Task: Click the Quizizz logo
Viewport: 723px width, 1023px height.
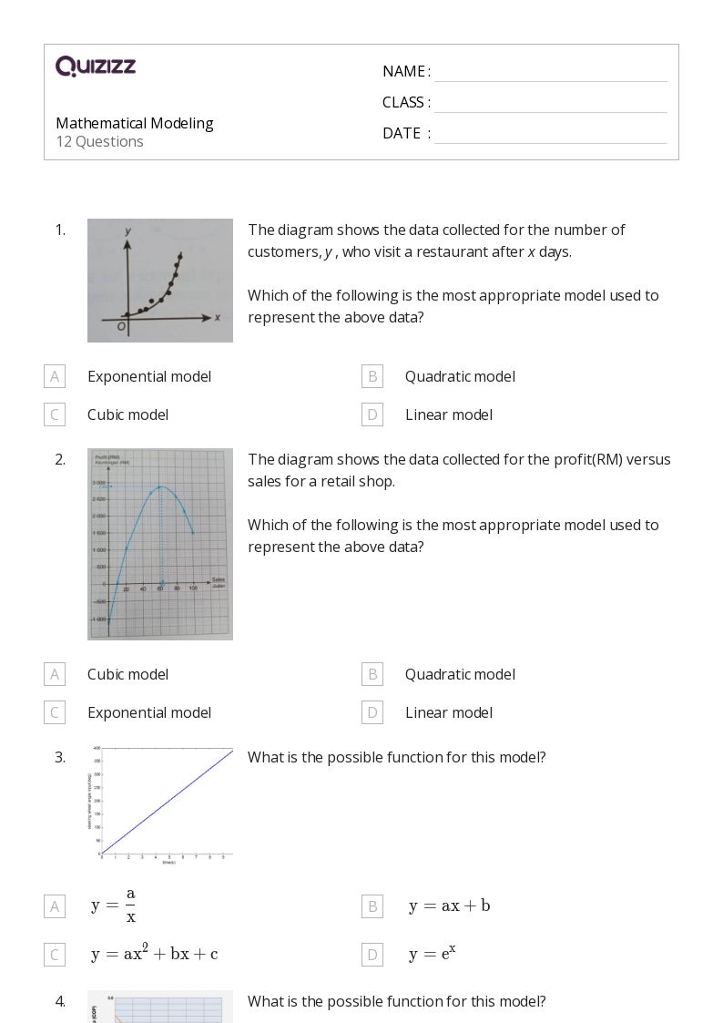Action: pos(96,66)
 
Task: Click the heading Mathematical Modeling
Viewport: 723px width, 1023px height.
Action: pos(135,123)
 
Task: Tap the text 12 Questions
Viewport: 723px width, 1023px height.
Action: pos(99,141)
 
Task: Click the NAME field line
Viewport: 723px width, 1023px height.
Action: pos(550,73)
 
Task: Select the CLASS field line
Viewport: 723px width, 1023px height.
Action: pos(550,103)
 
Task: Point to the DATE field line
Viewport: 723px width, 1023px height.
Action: pos(550,134)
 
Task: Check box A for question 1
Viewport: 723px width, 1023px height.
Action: pos(55,376)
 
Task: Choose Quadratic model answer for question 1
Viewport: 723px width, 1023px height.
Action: pos(460,376)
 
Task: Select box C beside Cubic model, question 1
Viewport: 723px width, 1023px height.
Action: pos(55,414)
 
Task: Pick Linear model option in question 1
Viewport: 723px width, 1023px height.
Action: pos(449,414)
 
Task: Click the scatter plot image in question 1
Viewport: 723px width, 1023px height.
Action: pos(160,281)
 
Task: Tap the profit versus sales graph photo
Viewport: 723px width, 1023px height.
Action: pos(160,544)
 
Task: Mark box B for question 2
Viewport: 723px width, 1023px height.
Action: pos(372,674)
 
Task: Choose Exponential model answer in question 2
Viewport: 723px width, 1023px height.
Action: pos(149,712)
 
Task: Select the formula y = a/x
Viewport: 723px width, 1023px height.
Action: pos(114,905)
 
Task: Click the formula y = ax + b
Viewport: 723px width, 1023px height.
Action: pos(449,905)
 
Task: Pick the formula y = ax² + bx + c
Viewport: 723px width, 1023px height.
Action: pos(154,954)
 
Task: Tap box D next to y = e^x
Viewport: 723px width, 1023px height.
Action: pos(372,955)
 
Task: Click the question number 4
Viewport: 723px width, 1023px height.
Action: pos(60,1001)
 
